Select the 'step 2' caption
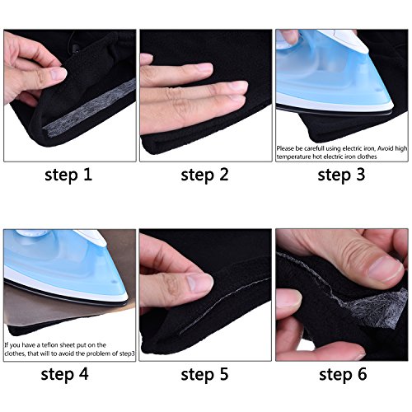pyautogui.click(x=205, y=175)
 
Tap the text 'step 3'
pyautogui.click(x=341, y=175)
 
